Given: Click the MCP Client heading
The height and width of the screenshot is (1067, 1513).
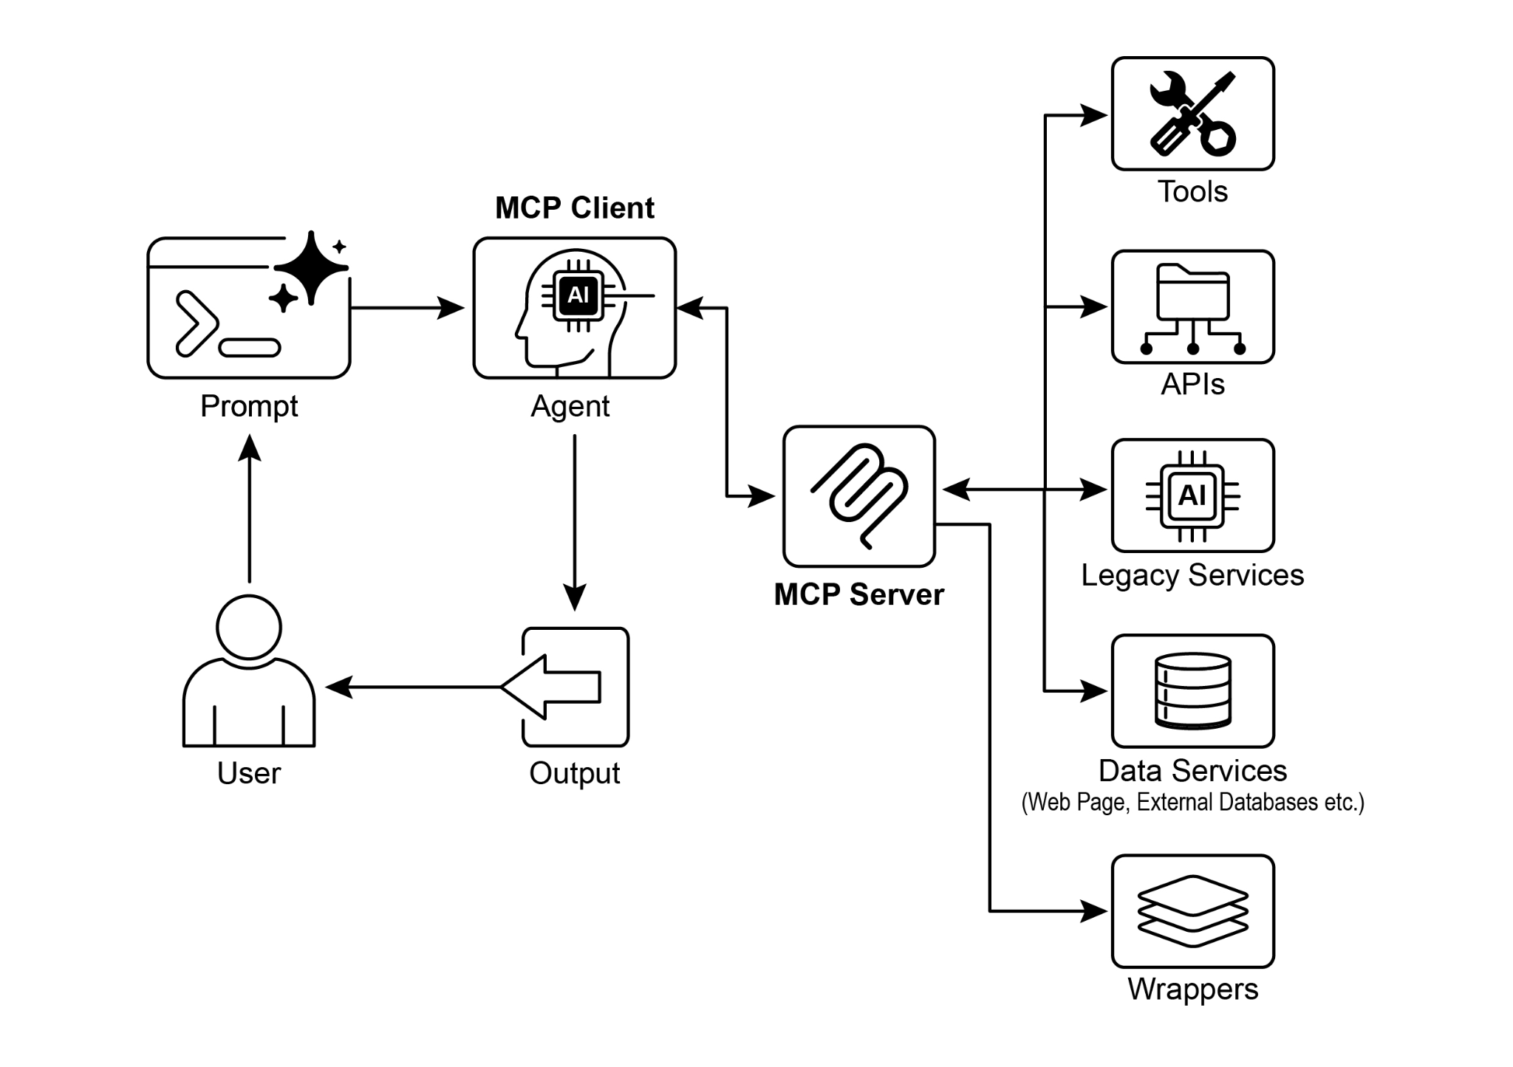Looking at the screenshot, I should (x=574, y=208).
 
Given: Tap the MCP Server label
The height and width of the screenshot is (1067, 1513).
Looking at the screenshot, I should (x=858, y=594).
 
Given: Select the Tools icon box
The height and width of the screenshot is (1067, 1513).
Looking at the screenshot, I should (x=1192, y=114).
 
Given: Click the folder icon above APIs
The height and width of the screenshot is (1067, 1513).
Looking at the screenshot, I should (x=1192, y=293).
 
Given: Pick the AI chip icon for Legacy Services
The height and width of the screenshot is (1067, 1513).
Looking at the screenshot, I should (x=1192, y=495).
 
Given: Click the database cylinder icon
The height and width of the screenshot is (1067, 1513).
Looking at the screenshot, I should (x=1192, y=690).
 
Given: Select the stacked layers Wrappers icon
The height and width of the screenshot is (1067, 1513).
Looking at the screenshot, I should (x=1192, y=910).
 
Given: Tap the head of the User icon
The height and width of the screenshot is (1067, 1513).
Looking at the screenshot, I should (x=249, y=627).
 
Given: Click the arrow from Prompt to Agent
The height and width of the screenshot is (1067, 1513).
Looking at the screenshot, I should (x=406, y=307).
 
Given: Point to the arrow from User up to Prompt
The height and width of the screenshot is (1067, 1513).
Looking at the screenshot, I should (x=250, y=510).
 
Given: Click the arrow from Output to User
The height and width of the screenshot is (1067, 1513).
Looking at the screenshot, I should (x=414, y=687).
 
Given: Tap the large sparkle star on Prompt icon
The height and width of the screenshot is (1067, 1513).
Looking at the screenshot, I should (x=311, y=267).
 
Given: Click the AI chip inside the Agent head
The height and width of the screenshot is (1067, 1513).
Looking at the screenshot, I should (x=578, y=295).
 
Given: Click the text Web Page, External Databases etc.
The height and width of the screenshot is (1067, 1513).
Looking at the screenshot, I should (x=1192, y=802).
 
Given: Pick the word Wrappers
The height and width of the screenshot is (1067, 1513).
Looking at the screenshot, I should (x=1192, y=989).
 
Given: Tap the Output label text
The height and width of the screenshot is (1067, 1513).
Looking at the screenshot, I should (x=574, y=773).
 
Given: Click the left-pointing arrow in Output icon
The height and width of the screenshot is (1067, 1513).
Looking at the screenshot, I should (x=551, y=687).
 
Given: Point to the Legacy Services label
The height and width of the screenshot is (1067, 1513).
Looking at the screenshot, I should (x=1192, y=575).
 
